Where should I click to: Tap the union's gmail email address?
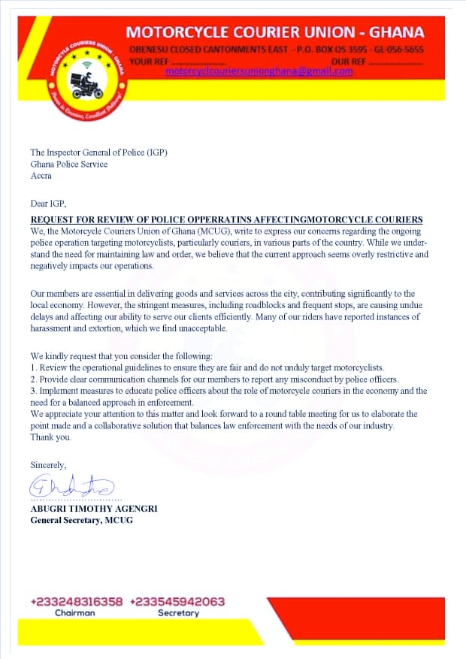click(259, 71)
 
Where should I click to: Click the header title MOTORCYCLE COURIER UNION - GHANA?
click(274, 32)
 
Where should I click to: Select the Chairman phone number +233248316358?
click(77, 602)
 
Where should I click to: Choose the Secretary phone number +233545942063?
click(177, 602)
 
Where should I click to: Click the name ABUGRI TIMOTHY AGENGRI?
click(94, 509)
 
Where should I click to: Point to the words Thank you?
click(51, 437)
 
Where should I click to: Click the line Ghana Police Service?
click(68, 164)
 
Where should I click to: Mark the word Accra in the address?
click(41, 175)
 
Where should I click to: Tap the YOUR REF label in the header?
click(147, 61)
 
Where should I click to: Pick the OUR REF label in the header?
click(347, 61)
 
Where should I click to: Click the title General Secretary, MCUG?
click(81, 520)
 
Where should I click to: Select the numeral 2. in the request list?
click(34, 379)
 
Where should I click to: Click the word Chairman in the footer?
click(75, 613)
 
